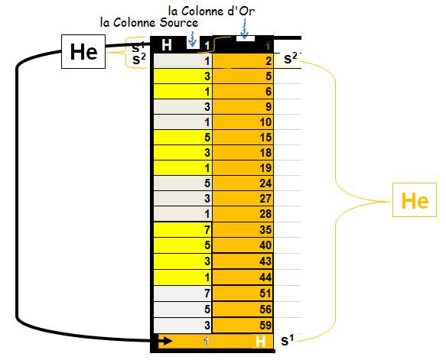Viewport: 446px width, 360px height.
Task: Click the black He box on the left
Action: point(83,52)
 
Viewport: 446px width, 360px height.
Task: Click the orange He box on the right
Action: point(415,200)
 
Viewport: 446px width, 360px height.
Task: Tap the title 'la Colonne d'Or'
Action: point(211,11)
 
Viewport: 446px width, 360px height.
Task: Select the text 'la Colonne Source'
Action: point(149,22)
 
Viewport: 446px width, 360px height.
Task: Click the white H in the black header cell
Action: point(167,45)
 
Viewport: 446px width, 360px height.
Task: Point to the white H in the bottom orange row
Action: point(260,341)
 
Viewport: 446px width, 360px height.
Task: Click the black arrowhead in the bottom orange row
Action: point(167,341)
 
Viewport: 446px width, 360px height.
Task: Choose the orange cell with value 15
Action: point(243,138)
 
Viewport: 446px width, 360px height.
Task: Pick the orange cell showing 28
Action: point(243,214)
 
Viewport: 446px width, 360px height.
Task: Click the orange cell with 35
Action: point(243,229)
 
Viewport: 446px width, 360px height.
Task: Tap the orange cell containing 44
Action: point(243,277)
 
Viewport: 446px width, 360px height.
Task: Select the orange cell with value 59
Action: point(243,326)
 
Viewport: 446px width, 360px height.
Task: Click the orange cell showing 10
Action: point(243,122)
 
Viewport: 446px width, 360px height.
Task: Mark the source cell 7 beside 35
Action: point(183,229)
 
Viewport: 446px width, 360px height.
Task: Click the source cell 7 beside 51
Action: point(183,294)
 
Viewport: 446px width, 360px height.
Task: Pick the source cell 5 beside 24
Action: point(183,183)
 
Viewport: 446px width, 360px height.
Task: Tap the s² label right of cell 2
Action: point(291,59)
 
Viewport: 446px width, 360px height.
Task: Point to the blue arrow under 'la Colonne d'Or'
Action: point(244,30)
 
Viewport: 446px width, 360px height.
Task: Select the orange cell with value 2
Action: point(243,61)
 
